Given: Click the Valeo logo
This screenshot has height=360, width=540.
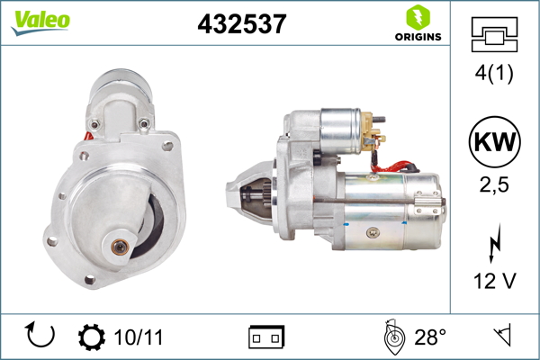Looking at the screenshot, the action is (x=40, y=22).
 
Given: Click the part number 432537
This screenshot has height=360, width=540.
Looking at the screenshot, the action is (x=242, y=23).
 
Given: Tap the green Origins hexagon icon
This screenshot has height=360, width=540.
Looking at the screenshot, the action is (x=418, y=17).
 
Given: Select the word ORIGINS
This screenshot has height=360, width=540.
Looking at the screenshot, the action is (x=418, y=37).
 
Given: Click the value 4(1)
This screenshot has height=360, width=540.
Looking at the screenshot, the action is (x=494, y=73).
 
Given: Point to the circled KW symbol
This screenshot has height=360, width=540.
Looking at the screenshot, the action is (x=494, y=141).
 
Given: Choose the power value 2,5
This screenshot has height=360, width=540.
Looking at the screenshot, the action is (x=494, y=185).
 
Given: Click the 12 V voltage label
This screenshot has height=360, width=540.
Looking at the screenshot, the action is (x=495, y=281).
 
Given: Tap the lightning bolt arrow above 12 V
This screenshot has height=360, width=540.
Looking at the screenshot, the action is (x=494, y=242).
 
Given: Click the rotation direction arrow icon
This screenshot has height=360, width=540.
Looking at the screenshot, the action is (x=40, y=335).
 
